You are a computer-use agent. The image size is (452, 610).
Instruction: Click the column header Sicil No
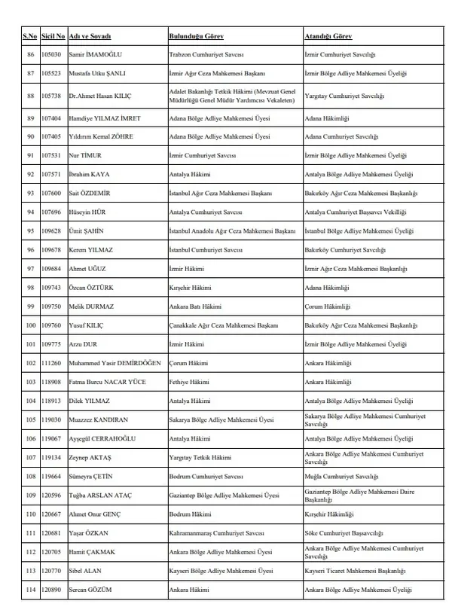tap(53, 36)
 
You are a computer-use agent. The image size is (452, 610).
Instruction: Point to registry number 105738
tap(53, 96)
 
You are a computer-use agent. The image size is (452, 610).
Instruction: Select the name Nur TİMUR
tap(85, 155)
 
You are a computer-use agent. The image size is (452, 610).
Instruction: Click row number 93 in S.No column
tap(31, 194)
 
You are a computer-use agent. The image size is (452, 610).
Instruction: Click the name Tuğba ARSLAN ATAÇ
tap(103, 495)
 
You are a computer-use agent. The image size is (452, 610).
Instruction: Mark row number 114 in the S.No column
tap(31, 590)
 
